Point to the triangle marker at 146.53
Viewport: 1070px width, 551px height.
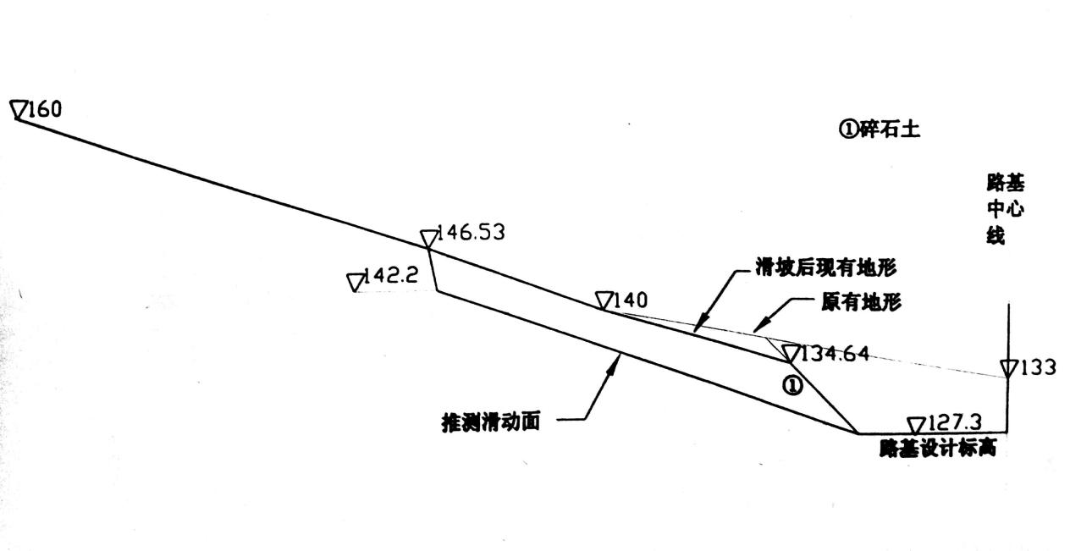click(x=429, y=238)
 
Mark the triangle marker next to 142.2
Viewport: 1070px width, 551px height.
click(x=355, y=282)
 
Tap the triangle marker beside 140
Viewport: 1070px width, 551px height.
click(x=604, y=300)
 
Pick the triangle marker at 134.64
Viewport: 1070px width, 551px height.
click(x=791, y=353)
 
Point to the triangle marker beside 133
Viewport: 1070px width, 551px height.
click(x=1008, y=368)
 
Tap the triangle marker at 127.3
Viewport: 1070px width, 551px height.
click(x=916, y=425)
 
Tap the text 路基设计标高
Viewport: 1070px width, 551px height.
click(x=937, y=449)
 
